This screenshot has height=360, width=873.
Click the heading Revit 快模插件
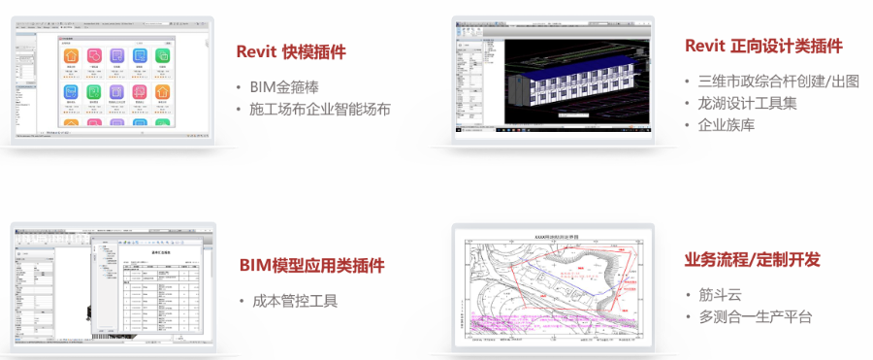[x=291, y=52]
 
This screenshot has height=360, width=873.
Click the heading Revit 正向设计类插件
[x=763, y=46]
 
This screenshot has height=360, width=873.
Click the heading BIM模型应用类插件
[x=311, y=265]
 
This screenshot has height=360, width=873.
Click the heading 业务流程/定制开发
[x=753, y=259]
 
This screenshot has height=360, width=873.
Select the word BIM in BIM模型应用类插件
[x=256, y=265]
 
